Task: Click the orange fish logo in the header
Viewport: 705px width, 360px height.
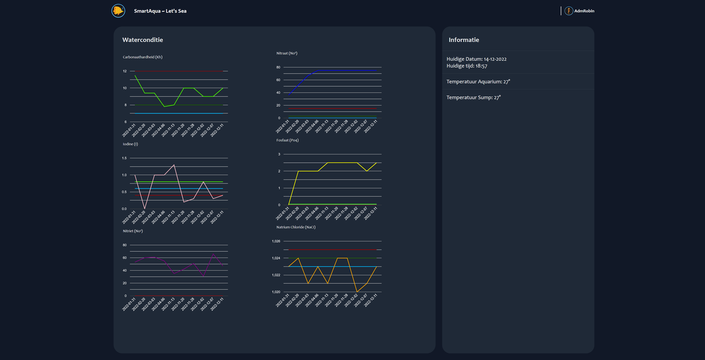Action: coord(118,11)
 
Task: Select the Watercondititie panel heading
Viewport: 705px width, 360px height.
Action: coord(142,40)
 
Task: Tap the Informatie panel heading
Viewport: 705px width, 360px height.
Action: coord(464,40)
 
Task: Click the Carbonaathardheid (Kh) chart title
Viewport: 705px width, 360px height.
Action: coord(142,57)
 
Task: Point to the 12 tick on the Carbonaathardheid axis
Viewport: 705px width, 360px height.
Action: coord(125,71)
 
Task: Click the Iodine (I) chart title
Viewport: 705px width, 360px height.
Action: coord(130,144)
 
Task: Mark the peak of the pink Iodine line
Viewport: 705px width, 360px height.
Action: coord(174,165)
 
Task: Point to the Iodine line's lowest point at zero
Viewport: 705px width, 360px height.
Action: coord(145,208)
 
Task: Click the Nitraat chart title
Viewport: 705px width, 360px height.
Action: coord(287,53)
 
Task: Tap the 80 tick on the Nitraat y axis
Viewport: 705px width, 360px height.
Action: coord(278,67)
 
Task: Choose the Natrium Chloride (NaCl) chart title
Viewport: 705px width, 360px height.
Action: coord(296,227)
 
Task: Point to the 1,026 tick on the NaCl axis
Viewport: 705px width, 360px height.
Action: coord(276,241)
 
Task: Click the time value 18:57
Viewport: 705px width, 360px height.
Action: coord(481,66)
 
